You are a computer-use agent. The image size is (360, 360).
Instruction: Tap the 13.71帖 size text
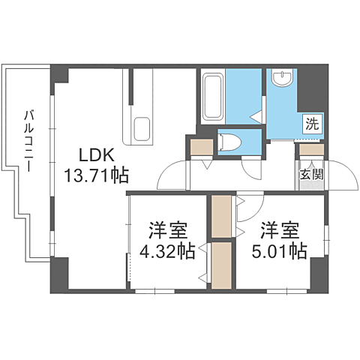coord(96,176)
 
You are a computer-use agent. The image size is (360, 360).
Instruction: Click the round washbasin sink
coord(283,77)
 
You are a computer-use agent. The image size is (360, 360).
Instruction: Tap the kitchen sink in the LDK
coord(141,129)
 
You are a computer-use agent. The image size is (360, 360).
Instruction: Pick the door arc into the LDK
coord(171,175)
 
